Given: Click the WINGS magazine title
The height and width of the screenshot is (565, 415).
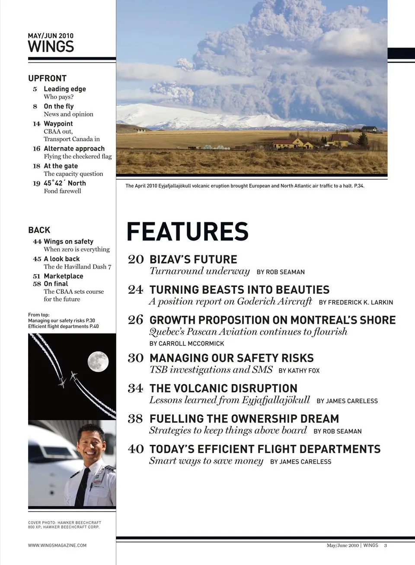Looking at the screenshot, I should pyautogui.click(x=51, y=46).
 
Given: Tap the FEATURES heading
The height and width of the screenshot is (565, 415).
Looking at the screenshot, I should pyautogui.click(x=187, y=231).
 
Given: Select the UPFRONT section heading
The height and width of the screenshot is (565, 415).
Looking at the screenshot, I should pyautogui.click(x=47, y=78).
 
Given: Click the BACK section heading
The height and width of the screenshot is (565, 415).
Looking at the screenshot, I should pyautogui.click(x=39, y=230).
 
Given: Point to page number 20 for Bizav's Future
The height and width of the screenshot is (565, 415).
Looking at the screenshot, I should pyautogui.click(x=136, y=260).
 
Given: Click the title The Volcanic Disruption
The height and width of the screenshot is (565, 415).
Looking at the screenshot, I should pyautogui.click(x=223, y=388).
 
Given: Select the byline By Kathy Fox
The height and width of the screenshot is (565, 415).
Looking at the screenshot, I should pyautogui.click(x=299, y=371).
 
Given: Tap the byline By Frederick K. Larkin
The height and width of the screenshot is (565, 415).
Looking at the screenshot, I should pyautogui.click(x=356, y=302).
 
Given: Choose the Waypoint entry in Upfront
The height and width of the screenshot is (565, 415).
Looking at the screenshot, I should pyautogui.click(x=58, y=124).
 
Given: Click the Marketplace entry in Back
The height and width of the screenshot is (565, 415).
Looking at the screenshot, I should pyautogui.click(x=63, y=276).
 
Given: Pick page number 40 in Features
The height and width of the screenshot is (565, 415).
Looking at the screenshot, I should pyautogui.click(x=136, y=449).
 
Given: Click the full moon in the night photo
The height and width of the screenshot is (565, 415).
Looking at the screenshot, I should pyautogui.click(x=98, y=362).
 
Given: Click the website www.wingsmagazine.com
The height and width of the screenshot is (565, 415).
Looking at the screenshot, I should pyautogui.click(x=57, y=546).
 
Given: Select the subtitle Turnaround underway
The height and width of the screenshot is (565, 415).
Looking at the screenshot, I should pyautogui.click(x=199, y=271).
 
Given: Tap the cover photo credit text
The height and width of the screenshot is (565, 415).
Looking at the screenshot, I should pyautogui.click(x=64, y=525).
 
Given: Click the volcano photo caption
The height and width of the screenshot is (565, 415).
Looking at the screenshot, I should pyautogui.click(x=245, y=186).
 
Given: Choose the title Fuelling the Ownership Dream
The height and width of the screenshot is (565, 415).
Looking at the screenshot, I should pyautogui.click(x=244, y=419).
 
